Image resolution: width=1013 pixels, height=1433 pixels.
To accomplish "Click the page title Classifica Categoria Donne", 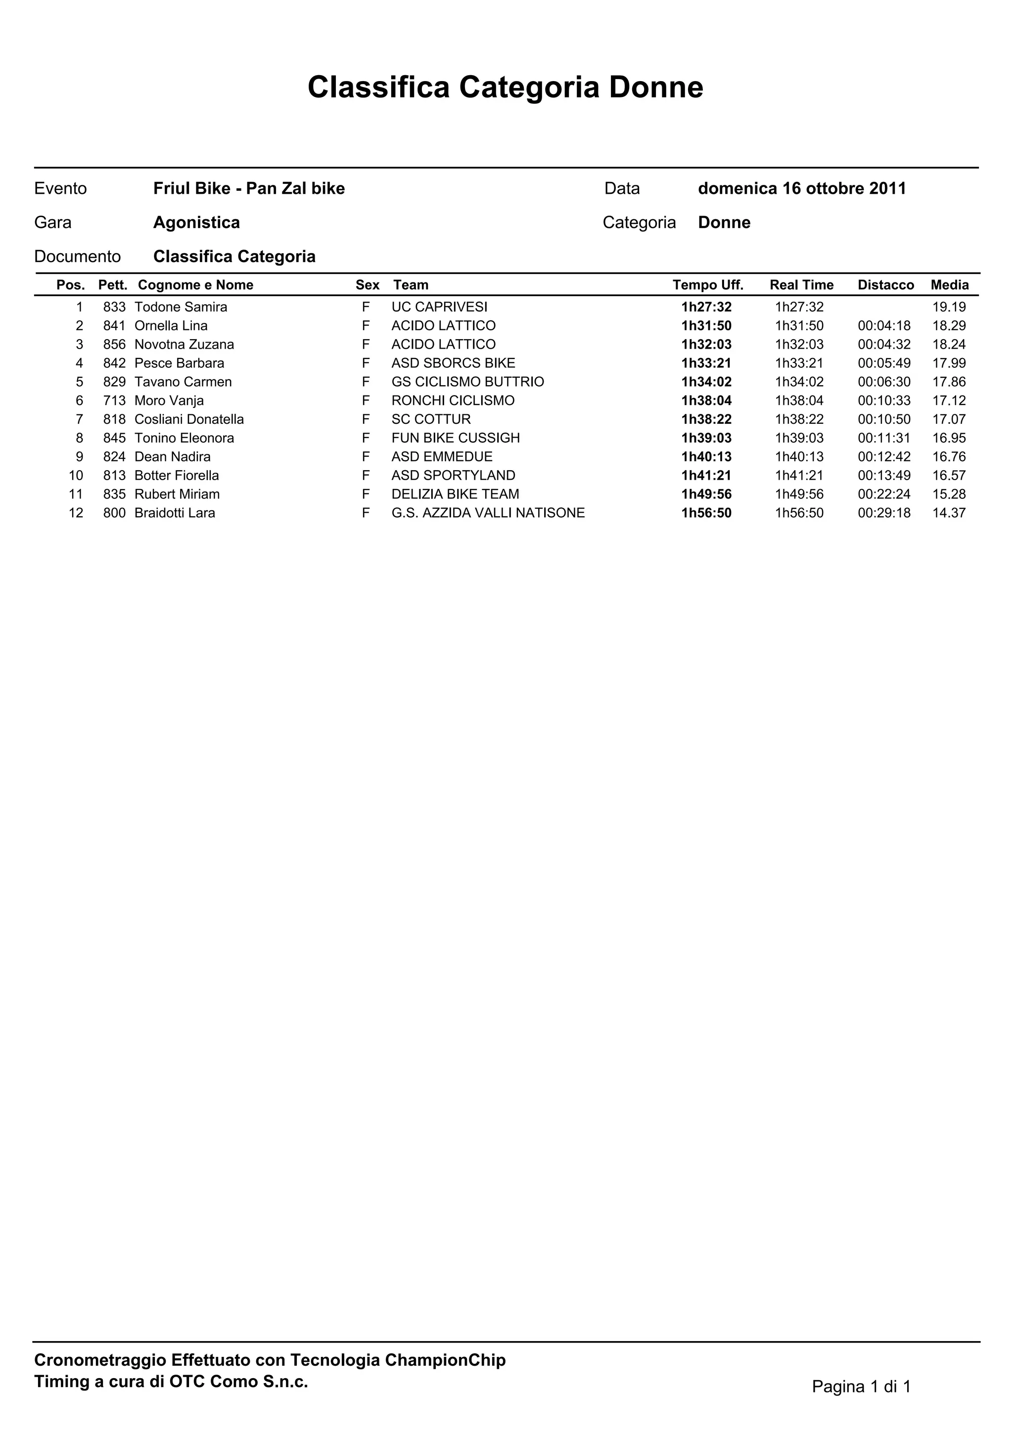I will coord(505,88).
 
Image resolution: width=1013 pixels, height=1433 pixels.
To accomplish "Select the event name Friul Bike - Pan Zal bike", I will coord(249,188).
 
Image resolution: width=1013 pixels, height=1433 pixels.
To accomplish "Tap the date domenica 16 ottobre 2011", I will coord(801,188).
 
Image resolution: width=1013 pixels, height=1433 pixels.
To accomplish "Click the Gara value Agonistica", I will coord(196,223).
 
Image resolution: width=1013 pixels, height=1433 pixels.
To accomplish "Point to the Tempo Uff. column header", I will coord(708,285).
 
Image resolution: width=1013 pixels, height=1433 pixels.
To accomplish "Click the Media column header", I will coord(949,285).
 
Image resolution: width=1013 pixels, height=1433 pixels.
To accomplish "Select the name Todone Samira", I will coord(181,307).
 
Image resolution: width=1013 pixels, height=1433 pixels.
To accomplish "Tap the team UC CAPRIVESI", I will coord(439,307).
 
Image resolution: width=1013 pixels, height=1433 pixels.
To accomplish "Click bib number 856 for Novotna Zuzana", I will coord(114,345).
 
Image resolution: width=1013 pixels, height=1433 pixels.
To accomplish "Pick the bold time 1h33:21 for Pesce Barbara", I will coord(706,363).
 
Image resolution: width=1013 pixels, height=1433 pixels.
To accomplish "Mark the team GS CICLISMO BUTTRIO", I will coord(467,382).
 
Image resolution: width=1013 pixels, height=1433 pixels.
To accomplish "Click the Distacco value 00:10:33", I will coord(884,401).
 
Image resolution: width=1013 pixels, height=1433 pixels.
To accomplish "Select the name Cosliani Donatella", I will coord(189,419).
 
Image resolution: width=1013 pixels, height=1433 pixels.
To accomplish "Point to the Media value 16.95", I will coord(949,438).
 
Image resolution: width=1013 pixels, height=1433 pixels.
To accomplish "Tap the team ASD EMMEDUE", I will coord(442,457).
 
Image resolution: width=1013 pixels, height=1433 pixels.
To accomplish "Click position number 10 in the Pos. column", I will coord(76,476).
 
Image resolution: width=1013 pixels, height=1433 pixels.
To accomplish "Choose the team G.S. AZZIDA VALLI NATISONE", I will coord(488,513).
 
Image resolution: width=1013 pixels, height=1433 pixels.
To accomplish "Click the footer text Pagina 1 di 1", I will coord(861,1387).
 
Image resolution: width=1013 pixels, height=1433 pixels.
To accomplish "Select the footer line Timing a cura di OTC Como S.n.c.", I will coord(171,1382).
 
